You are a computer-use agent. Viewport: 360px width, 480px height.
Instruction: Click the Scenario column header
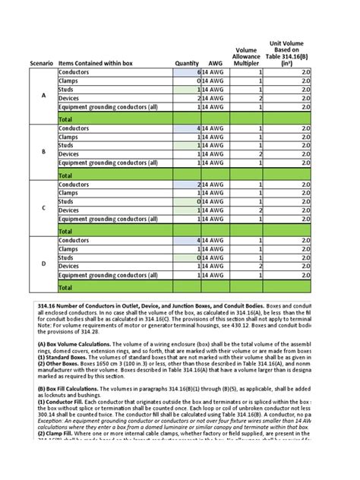(x=42, y=64)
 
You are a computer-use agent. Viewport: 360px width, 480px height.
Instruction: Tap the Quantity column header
(x=186, y=64)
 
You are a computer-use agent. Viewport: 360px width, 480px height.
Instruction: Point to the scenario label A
(x=43, y=95)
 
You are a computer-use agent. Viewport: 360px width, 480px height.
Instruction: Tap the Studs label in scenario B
(x=67, y=146)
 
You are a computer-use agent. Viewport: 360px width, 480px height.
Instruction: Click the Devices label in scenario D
(x=70, y=267)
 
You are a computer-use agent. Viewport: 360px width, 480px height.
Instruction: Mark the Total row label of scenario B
(x=66, y=175)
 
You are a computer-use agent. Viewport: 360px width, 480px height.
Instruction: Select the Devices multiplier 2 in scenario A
(x=260, y=99)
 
